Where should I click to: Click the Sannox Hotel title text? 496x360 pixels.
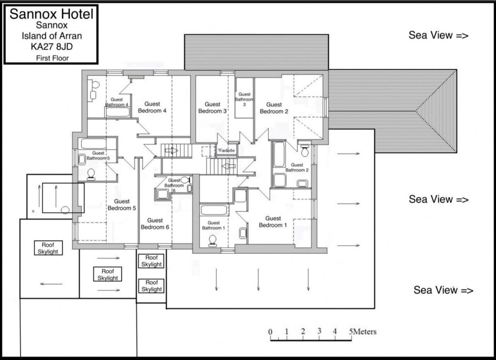(51, 14)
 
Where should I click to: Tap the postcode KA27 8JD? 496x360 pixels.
(51, 47)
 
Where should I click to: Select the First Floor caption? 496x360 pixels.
(52, 58)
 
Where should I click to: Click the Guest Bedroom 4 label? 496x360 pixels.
(152, 107)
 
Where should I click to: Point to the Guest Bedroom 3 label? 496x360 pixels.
(212, 108)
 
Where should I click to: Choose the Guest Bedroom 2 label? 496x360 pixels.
(274, 108)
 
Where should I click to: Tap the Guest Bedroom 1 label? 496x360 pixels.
(273, 222)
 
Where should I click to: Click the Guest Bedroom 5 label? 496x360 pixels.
(122, 204)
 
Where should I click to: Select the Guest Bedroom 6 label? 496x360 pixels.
(155, 224)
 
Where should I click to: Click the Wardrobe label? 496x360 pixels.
(227, 151)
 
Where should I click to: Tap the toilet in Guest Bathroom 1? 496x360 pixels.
(213, 240)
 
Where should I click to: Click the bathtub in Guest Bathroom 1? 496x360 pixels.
(214, 210)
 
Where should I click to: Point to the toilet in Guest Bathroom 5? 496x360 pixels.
(91, 174)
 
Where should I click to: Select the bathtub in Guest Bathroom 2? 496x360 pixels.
(279, 155)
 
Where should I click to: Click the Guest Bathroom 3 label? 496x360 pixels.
(244, 99)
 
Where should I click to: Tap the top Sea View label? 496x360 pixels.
(438, 35)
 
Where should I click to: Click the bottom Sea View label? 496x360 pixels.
(444, 290)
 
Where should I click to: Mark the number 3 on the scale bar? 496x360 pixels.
(319, 331)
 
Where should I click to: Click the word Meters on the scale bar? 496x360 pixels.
(365, 332)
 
